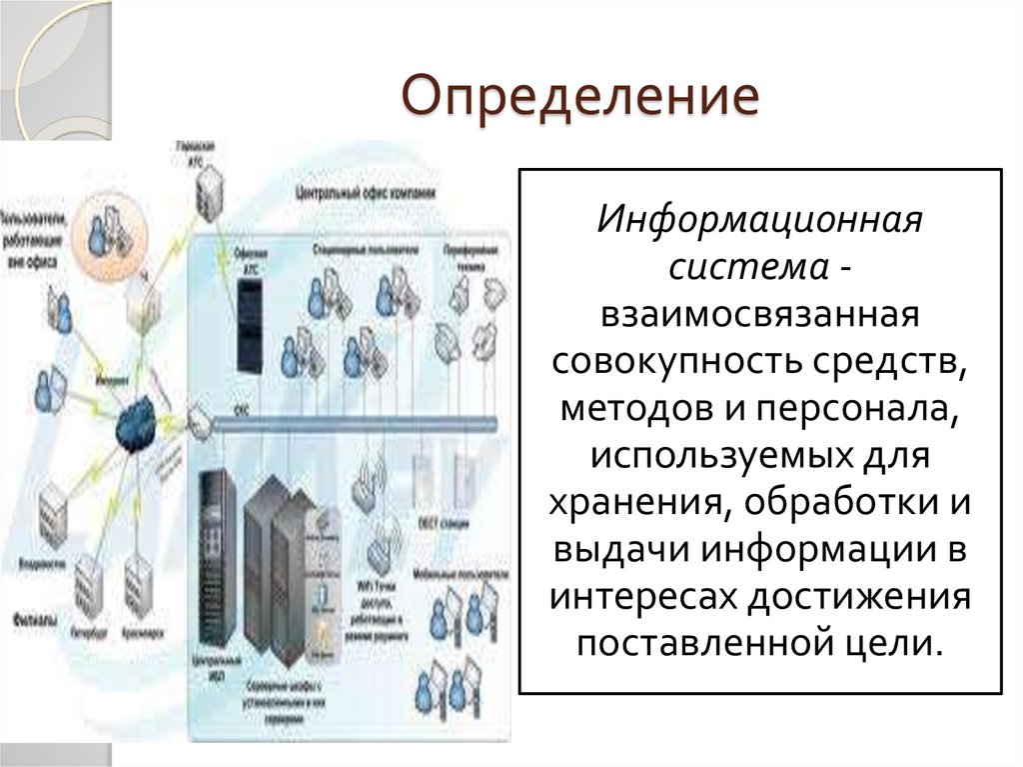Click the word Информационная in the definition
758,219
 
